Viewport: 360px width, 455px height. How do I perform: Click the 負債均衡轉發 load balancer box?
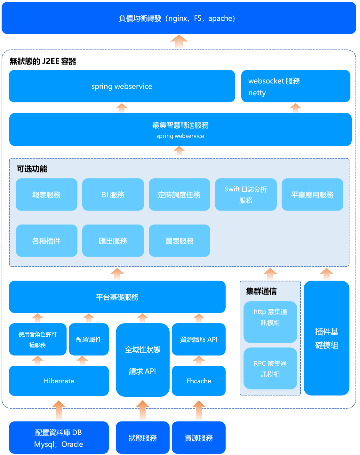179,18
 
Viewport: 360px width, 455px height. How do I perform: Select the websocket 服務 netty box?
295,86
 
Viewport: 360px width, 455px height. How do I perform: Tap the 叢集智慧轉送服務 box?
180,130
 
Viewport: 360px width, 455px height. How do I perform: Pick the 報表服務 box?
46,195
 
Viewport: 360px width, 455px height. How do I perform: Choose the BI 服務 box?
113,195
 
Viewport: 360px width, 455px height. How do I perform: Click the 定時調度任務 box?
179,195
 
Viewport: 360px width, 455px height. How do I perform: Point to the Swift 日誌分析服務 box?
245,195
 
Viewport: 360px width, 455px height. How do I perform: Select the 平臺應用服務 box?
312,195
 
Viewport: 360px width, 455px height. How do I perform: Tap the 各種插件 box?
46,241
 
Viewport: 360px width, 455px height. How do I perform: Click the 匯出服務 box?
113,241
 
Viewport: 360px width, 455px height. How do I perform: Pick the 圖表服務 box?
179,241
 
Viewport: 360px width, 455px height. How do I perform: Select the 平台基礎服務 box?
117,297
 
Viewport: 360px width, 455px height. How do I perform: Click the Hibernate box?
59,381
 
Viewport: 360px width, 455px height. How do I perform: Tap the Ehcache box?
199,381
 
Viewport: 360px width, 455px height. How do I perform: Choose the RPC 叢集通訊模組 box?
270,369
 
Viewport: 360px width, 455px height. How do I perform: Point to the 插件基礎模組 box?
326,338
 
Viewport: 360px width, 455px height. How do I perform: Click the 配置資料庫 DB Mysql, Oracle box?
59,438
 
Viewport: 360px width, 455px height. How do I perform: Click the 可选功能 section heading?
32,169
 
